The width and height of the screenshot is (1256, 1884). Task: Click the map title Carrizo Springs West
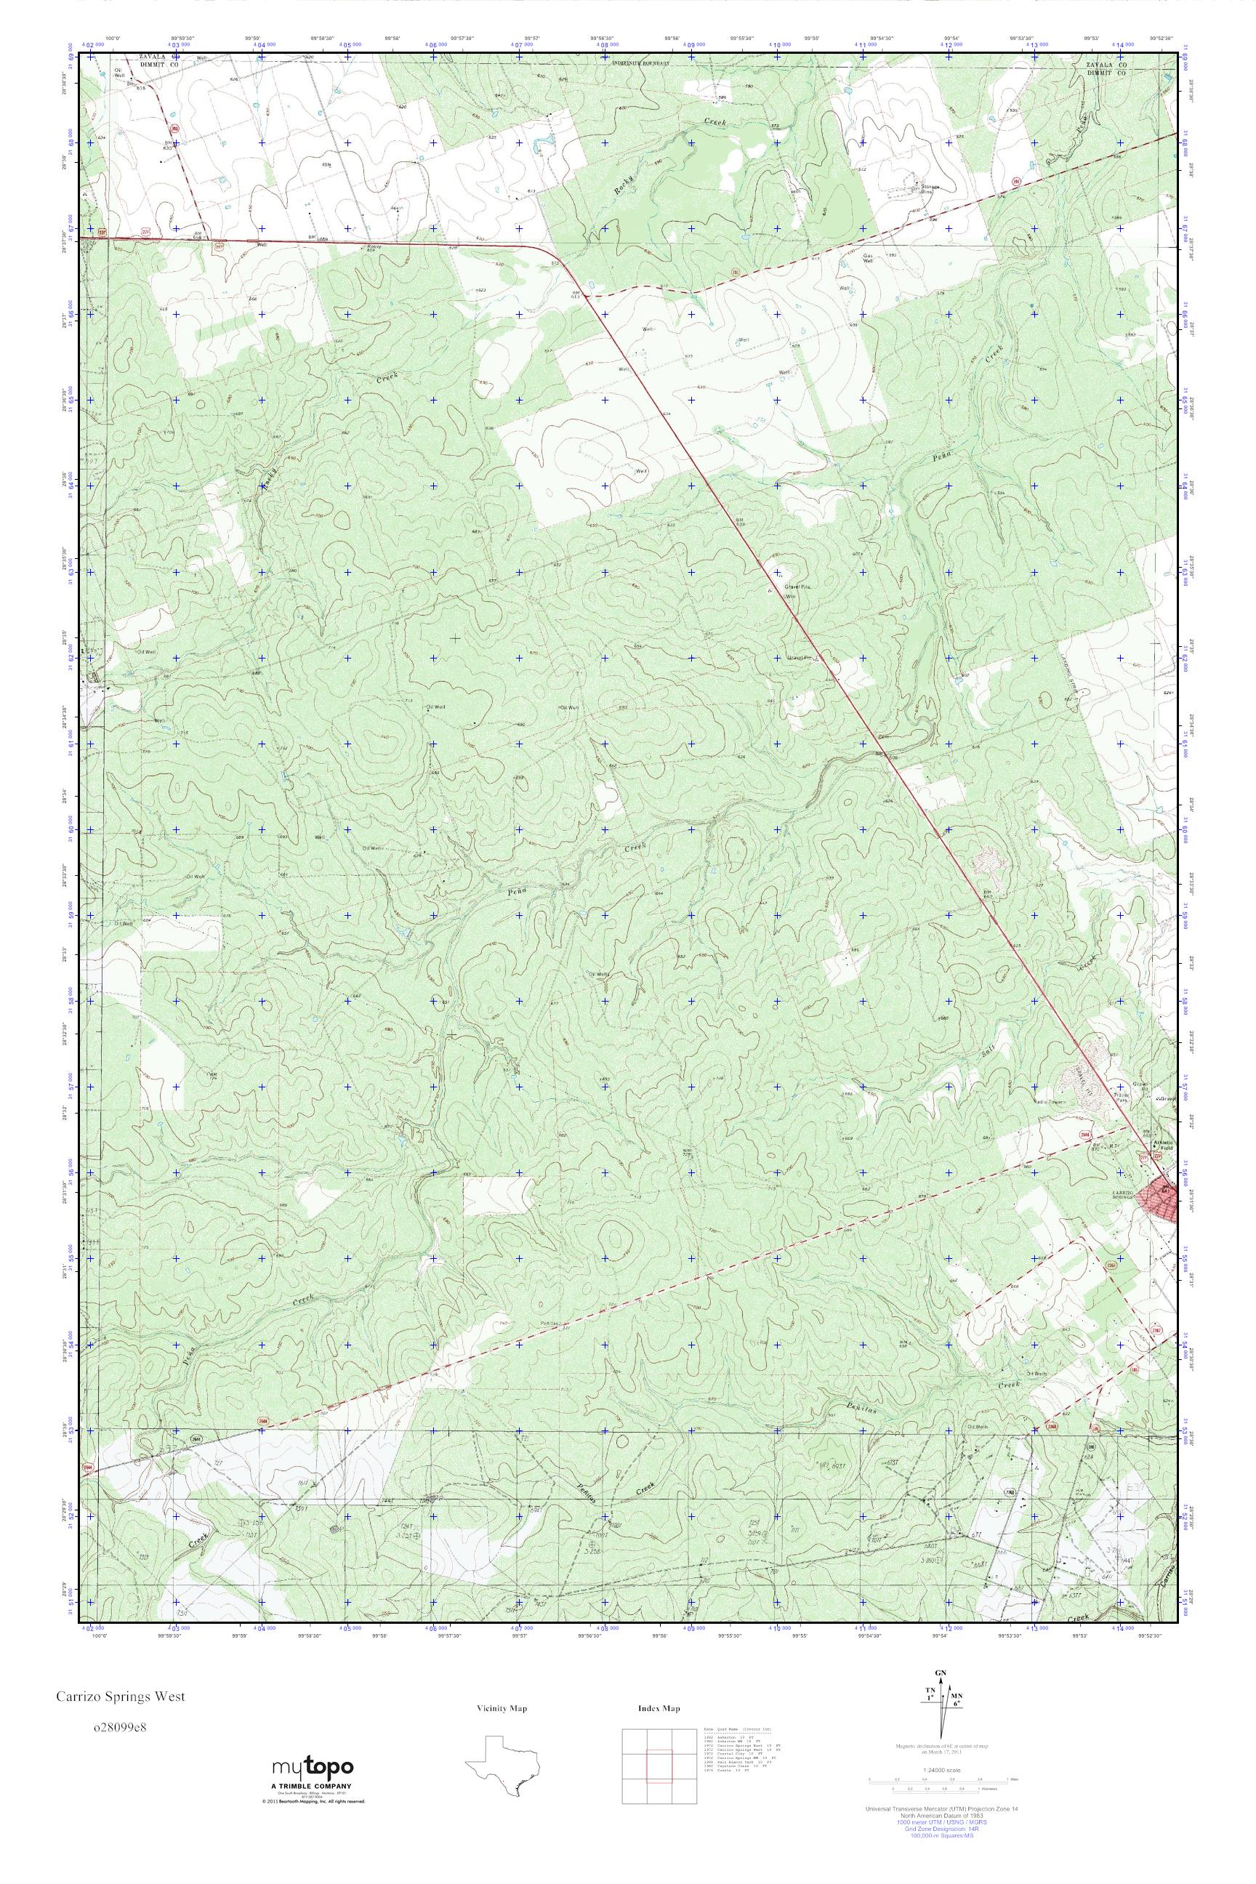[x=120, y=1696]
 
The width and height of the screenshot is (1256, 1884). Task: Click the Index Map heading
[x=659, y=1709]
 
